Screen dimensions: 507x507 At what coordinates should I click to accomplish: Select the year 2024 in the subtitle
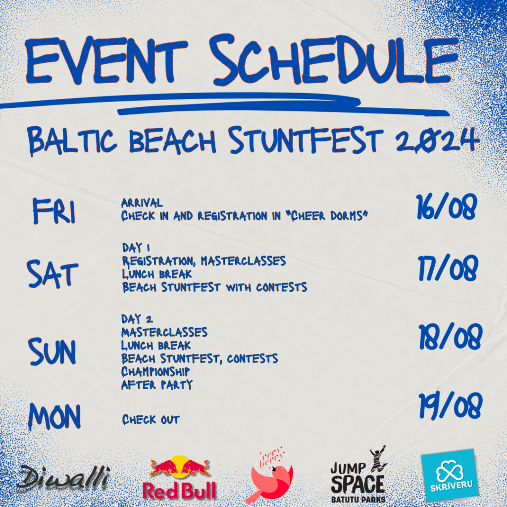tap(437, 140)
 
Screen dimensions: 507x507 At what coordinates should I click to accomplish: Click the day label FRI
tap(54, 211)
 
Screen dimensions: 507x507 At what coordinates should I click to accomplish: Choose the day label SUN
tap(52, 352)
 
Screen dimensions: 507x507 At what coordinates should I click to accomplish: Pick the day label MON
tap(54, 416)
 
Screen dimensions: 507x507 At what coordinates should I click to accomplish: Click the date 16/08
tap(447, 206)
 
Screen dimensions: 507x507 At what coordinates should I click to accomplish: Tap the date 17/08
tap(448, 268)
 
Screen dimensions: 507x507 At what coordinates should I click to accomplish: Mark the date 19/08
tap(451, 406)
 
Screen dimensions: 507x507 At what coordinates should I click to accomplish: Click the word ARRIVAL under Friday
tap(142, 203)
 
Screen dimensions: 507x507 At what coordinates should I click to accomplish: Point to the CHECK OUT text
tap(151, 420)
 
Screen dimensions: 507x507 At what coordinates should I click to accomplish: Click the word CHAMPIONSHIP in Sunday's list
tap(155, 371)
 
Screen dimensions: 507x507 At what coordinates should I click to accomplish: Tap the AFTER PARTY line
tap(157, 385)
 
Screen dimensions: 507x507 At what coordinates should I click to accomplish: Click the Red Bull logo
tap(179, 478)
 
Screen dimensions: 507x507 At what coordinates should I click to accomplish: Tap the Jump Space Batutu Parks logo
tap(359, 475)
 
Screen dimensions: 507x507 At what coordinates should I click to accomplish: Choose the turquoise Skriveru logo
tap(450, 475)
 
